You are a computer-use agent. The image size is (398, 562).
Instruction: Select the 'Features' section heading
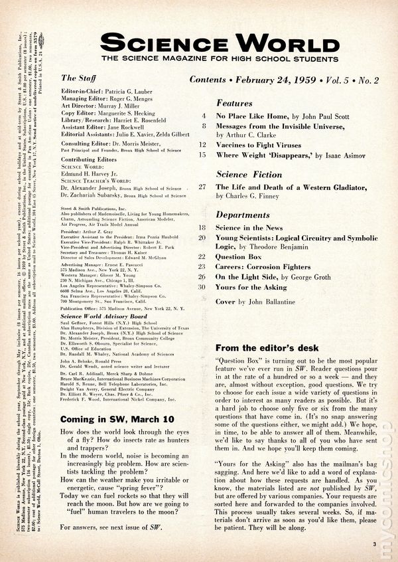tap(235, 104)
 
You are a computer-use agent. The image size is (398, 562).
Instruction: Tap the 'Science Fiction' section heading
tap(249, 175)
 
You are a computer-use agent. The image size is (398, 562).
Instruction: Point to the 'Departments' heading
tap(243, 215)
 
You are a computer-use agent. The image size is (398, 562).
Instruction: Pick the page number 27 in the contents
tap(201, 187)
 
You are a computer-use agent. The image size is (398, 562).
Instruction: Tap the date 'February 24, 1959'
tap(287, 80)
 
